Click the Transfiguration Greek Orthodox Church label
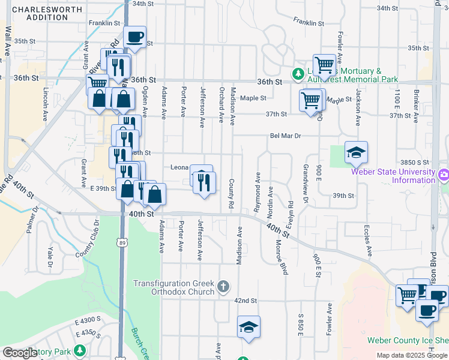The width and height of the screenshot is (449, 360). [173, 287]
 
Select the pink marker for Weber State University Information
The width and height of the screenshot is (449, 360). [443, 176]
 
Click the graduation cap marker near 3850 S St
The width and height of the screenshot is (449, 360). [356, 153]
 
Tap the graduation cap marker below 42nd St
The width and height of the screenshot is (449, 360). [248, 327]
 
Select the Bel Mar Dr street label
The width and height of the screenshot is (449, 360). [285, 136]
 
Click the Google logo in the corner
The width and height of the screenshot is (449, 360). [20, 353]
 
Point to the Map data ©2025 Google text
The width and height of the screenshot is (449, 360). [412, 355]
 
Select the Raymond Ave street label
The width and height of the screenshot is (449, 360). [258, 186]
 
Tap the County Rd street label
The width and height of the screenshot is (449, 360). [231, 193]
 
